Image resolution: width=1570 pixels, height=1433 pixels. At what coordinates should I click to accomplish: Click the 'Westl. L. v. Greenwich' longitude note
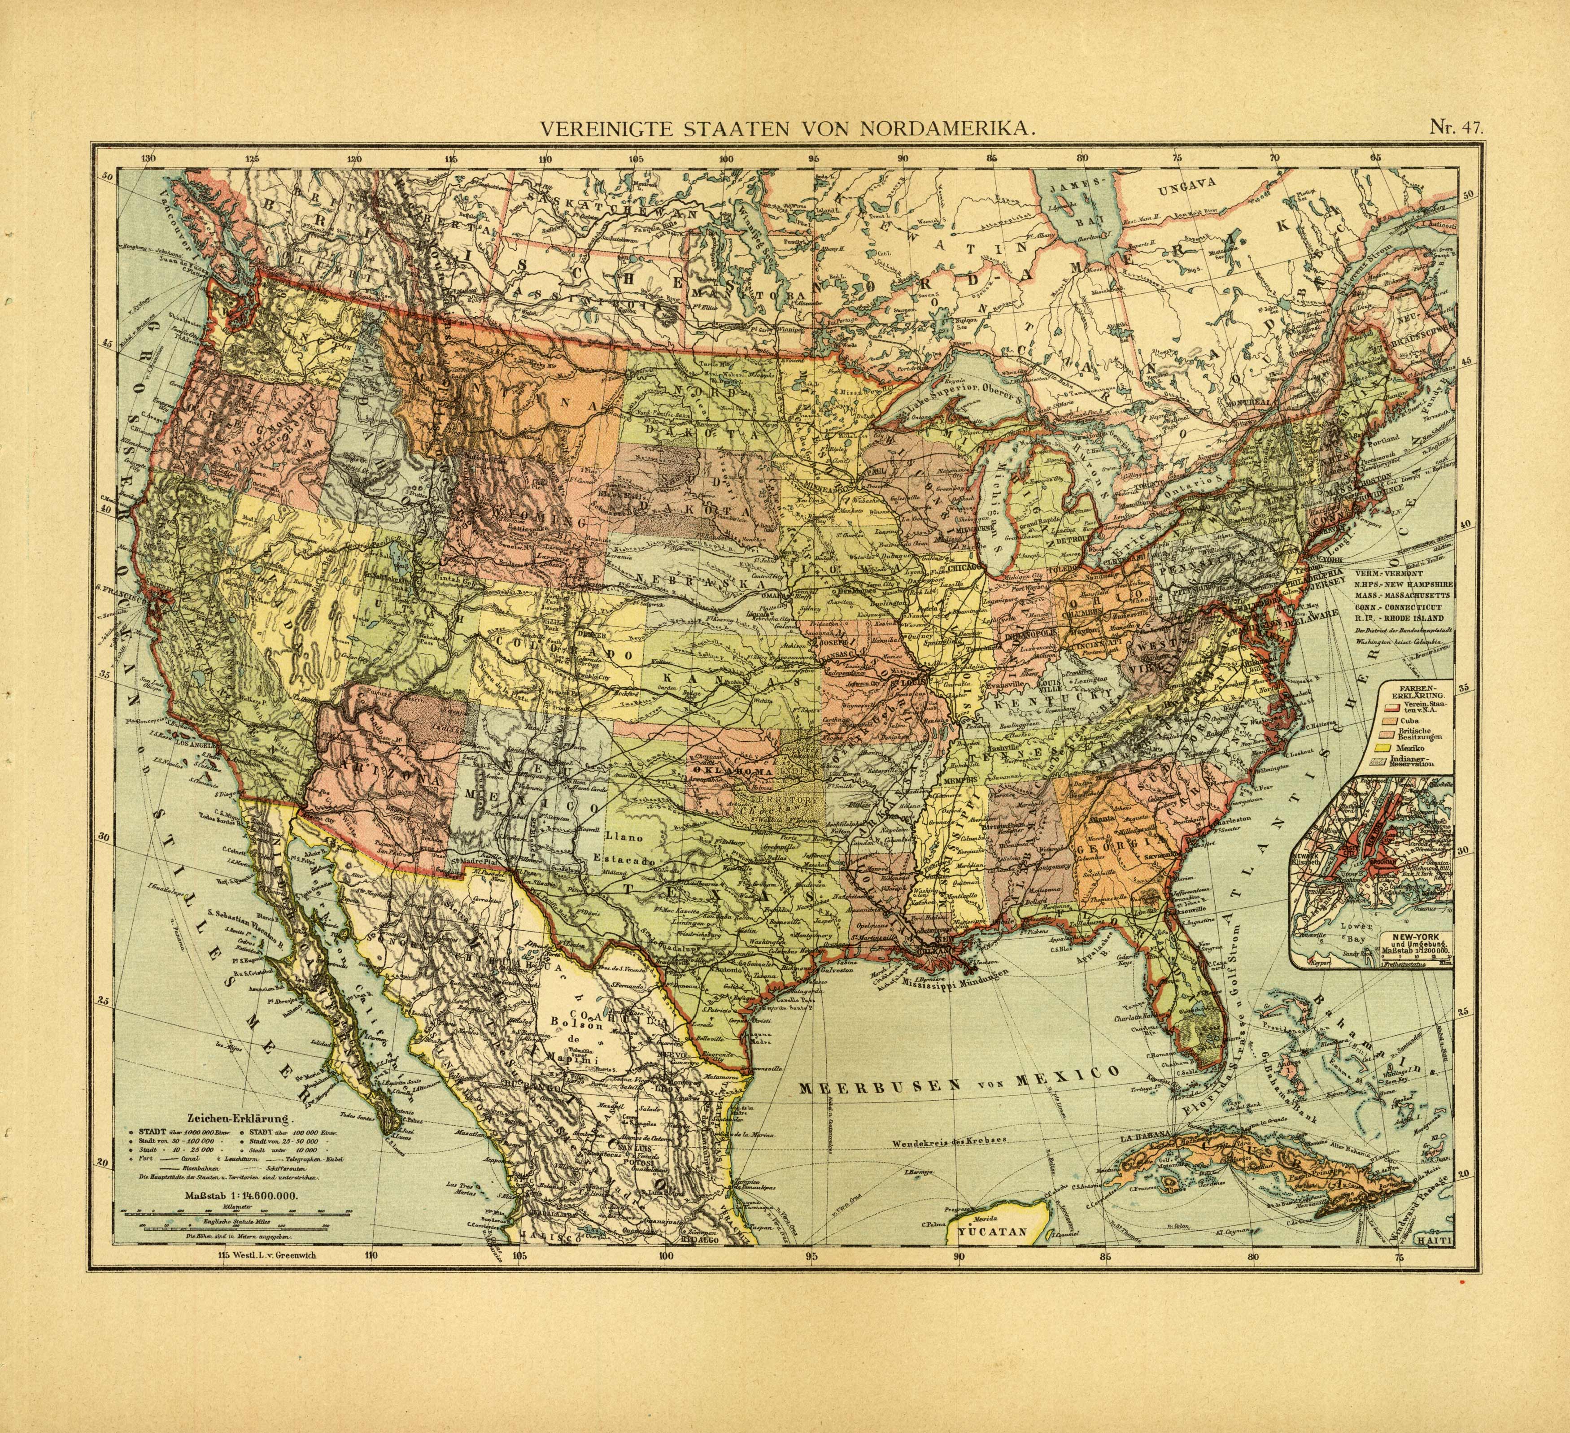point(273,1254)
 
